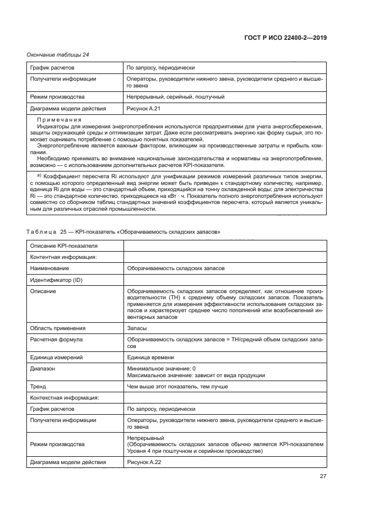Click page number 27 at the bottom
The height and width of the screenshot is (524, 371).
point(323,476)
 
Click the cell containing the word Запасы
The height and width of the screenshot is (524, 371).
point(137,328)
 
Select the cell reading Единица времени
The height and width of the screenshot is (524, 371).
point(150,357)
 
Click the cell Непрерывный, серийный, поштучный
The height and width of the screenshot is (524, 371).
point(176,97)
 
